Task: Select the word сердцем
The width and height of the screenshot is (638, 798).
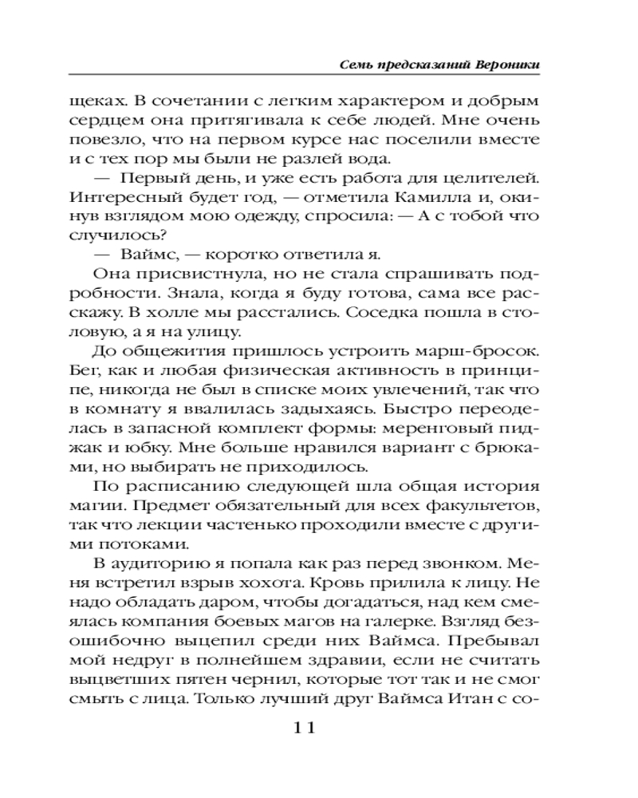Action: [127, 122]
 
